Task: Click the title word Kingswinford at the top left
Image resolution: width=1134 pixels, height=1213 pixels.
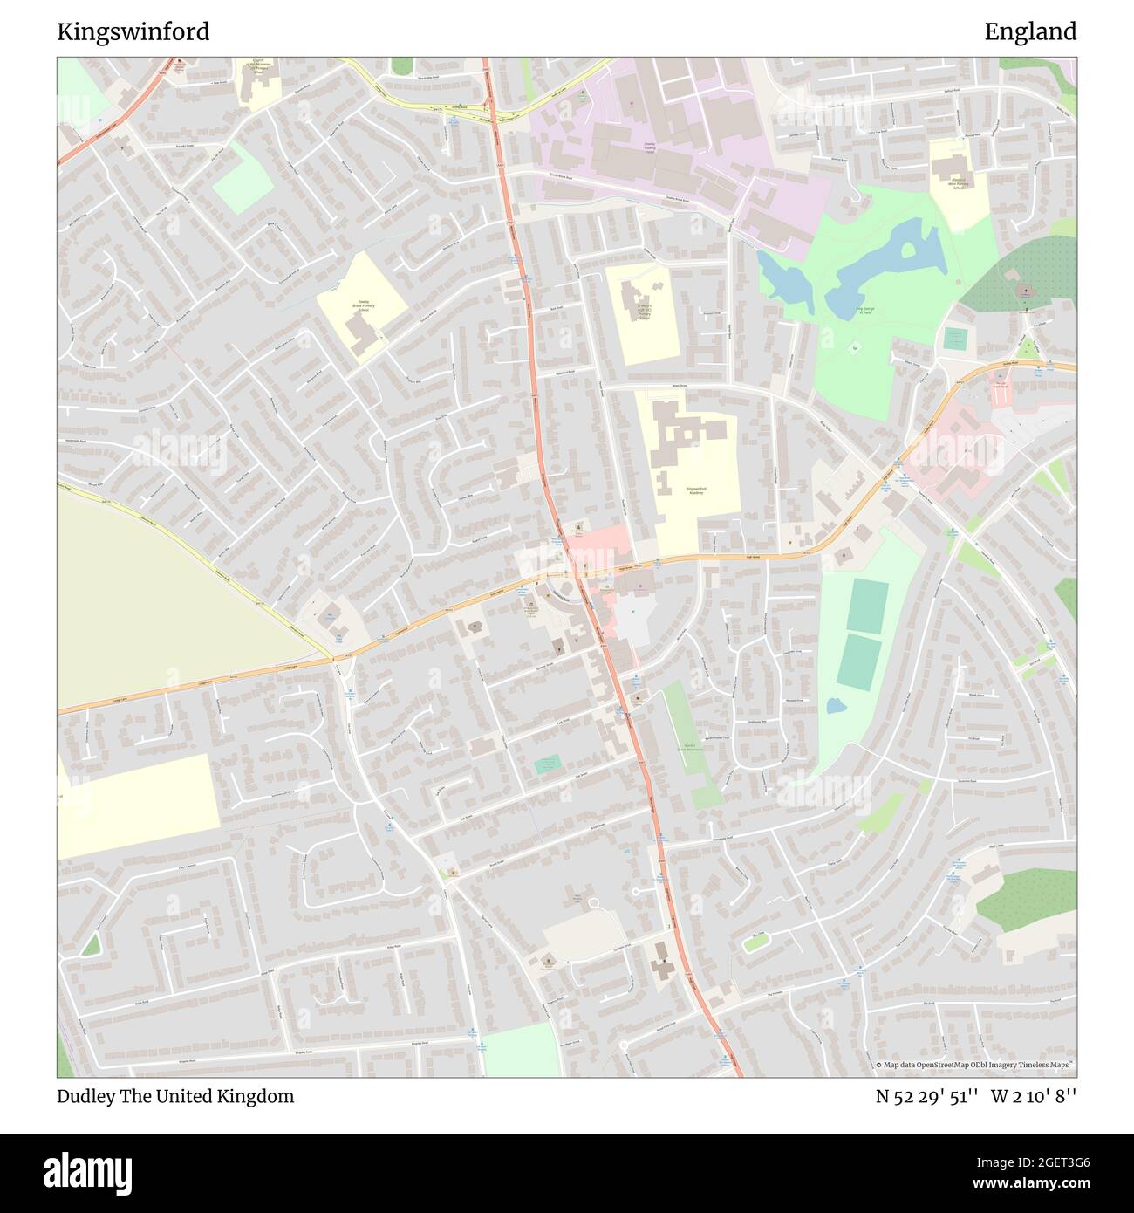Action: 133,32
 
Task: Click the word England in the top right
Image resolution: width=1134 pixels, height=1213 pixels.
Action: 1030,32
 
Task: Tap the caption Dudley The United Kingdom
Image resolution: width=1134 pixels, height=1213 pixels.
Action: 175,1096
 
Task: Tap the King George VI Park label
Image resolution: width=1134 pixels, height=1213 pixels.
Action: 864,311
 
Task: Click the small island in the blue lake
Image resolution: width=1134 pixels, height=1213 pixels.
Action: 908,250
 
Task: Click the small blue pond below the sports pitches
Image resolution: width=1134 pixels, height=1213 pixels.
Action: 835,704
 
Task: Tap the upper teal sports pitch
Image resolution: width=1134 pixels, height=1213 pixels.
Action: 868,606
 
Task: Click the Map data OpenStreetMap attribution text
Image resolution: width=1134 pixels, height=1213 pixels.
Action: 976,1065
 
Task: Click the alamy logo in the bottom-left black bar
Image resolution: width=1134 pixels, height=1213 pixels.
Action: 88,1171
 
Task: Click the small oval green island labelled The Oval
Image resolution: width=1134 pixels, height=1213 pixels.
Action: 755,942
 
